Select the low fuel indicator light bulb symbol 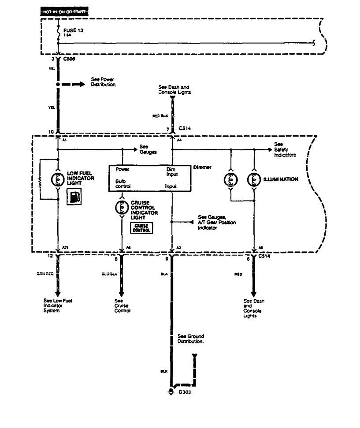(58, 179)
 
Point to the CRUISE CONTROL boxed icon (141, 227)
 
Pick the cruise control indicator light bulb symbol (121, 206)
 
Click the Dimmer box (150, 178)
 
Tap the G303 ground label (185, 392)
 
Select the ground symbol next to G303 (171, 392)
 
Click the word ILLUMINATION (282, 179)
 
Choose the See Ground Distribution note (191, 339)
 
